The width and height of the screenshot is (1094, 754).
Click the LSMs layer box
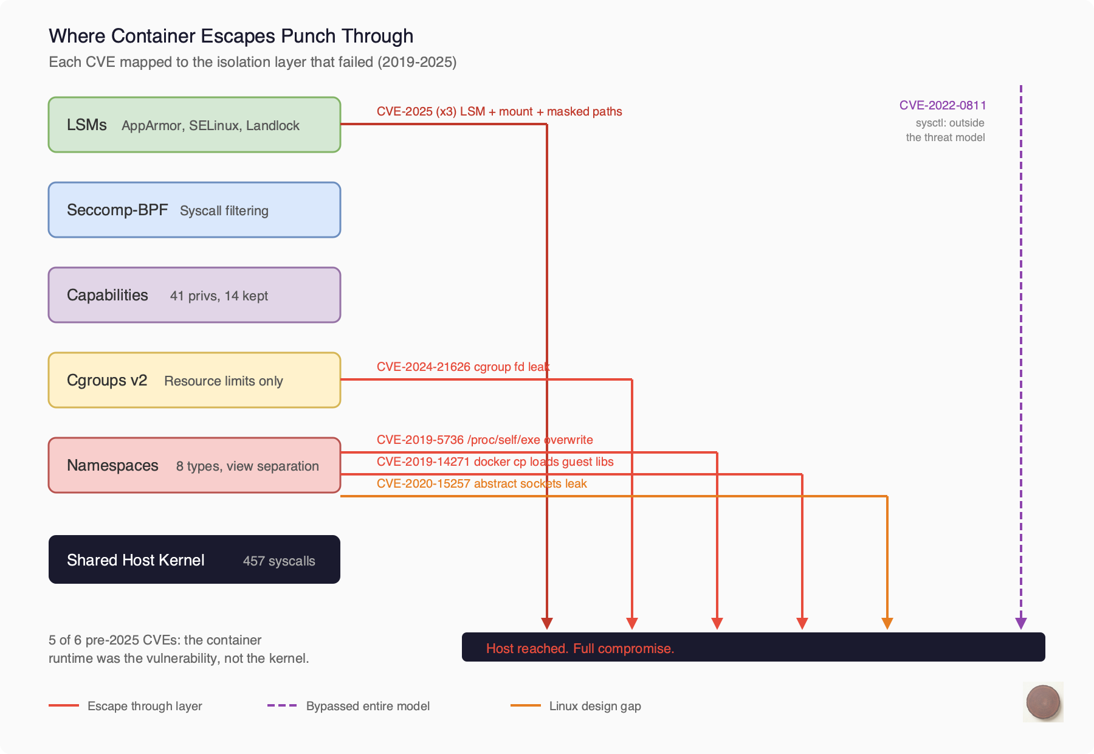pyautogui.click(x=194, y=125)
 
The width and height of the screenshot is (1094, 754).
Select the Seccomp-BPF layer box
pyautogui.click(x=194, y=210)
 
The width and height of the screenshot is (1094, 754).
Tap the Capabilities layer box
pyautogui.click(x=194, y=295)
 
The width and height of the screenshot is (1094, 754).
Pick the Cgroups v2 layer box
pyautogui.click(x=194, y=380)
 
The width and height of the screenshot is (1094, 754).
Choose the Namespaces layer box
pyautogui.click(x=194, y=465)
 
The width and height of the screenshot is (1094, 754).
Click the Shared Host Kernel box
pyautogui.click(x=194, y=559)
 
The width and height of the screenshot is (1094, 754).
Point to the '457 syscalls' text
pyautogui.click(x=279, y=561)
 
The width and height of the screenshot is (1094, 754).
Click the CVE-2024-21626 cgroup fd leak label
pyautogui.click(x=463, y=367)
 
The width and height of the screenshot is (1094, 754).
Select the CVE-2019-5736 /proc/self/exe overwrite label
pyautogui.click(x=484, y=440)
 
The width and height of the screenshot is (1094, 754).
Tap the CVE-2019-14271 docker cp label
pyautogui.click(x=495, y=462)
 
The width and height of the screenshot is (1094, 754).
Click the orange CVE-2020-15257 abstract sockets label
pyautogui.click(x=481, y=483)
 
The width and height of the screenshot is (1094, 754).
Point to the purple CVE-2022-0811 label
pyautogui.click(x=943, y=105)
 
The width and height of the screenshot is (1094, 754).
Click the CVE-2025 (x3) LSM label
pyautogui.click(x=499, y=111)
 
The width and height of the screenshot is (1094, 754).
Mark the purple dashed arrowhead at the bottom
pyautogui.click(x=1021, y=623)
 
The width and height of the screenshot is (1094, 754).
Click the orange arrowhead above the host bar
pyautogui.click(x=887, y=623)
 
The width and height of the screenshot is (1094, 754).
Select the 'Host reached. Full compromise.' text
pyautogui.click(x=580, y=648)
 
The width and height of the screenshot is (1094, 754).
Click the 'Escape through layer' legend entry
pyautogui.click(x=144, y=706)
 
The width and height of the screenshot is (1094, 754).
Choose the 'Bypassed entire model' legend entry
pyautogui.click(x=367, y=706)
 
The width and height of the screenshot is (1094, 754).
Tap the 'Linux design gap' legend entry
pyautogui.click(x=594, y=706)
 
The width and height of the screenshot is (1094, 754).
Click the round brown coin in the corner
pyautogui.click(x=1043, y=702)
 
